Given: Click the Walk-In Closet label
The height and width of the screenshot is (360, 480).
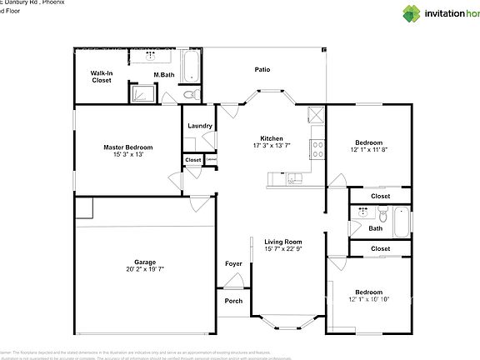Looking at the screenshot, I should pos(102,77).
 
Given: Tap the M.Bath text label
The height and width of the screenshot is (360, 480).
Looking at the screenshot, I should pos(163,76).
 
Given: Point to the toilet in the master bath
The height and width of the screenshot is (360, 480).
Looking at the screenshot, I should pos(188,94).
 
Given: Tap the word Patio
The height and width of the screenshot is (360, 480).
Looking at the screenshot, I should pos(262,69).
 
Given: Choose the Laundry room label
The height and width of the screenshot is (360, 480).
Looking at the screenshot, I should pos(199,126).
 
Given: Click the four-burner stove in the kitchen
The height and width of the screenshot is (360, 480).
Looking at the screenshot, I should pos(317,150).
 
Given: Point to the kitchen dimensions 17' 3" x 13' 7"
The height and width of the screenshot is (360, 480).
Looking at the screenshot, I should pos(272,146).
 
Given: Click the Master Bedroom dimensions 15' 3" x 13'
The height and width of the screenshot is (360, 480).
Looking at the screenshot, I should pos(127,154).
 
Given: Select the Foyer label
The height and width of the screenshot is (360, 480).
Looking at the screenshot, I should pos(233,264).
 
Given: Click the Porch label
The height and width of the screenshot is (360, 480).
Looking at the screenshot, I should pos(233,300).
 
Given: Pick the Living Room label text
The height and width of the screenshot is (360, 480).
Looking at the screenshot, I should pos(282,242).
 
